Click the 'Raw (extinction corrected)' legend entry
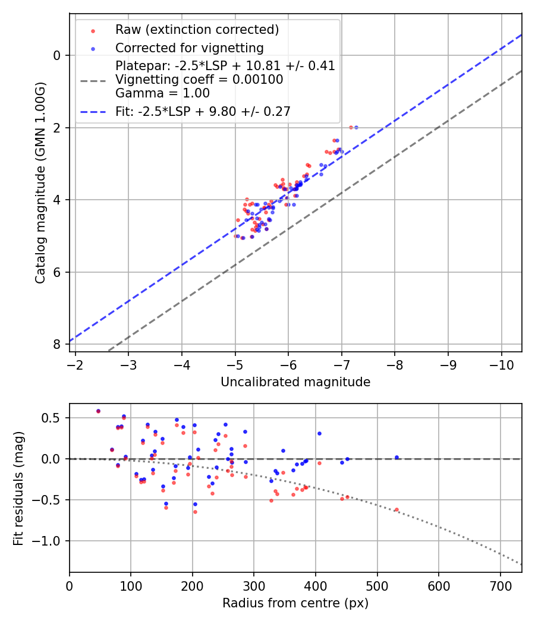[197, 30]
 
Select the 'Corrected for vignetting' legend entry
[189, 48]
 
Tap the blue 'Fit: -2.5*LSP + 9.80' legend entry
[203, 111]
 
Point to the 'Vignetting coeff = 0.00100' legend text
[199, 79]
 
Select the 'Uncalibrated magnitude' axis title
[295, 382]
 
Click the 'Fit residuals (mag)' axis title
[18, 487]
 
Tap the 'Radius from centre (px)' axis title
[295, 603]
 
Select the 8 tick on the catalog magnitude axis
[57, 345]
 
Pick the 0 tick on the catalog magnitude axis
[57, 55]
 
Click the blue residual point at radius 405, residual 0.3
[319, 433]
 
